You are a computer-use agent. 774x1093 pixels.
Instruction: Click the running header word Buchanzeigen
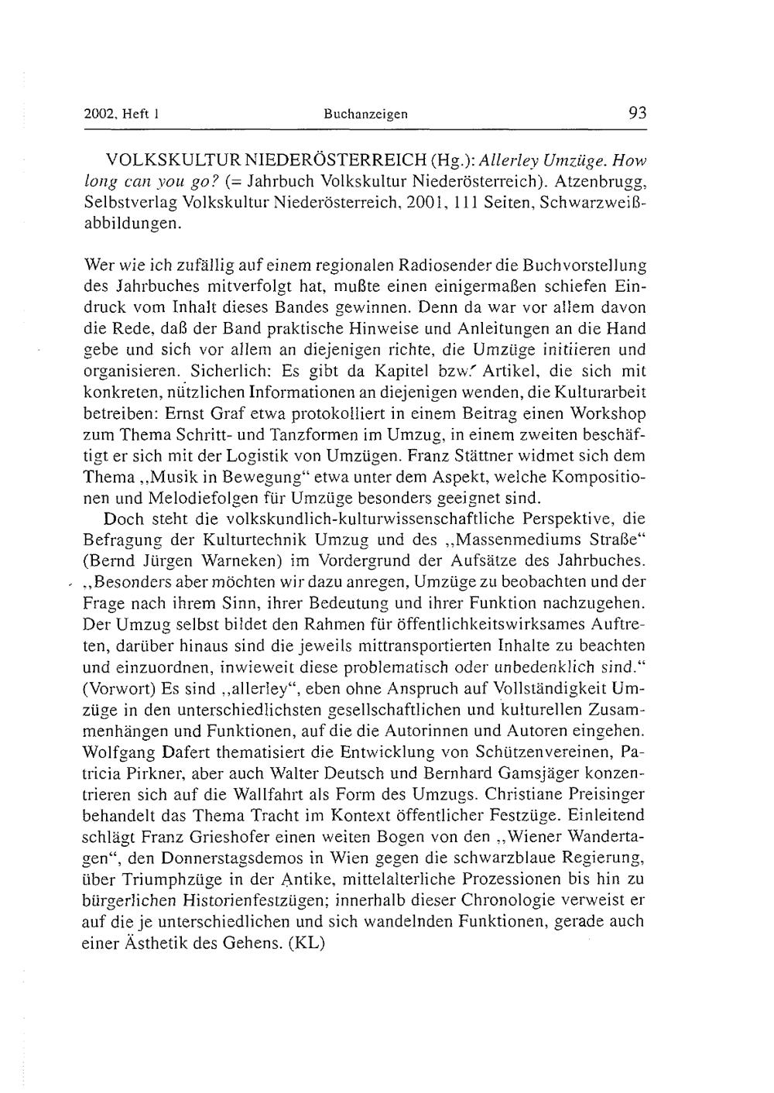tap(365, 114)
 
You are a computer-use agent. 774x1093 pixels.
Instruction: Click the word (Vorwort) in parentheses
tap(120, 687)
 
